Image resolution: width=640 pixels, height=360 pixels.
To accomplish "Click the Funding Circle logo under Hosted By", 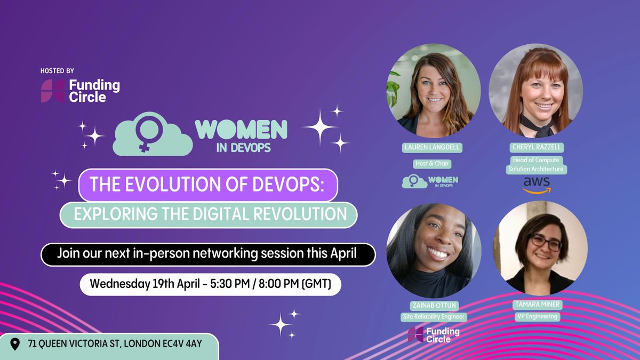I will [x=81, y=91].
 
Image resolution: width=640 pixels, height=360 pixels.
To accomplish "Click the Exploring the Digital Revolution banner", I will [x=208, y=214].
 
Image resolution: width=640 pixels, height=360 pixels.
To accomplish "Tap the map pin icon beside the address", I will [x=15, y=344].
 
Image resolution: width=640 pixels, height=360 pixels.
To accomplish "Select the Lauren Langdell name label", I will [x=432, y=148].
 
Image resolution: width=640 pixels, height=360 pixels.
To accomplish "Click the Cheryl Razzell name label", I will [x=536, y=148].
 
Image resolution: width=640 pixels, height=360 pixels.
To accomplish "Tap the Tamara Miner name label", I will [x=537, y=305].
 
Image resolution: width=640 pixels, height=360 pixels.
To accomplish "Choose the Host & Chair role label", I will [x=431, y=164].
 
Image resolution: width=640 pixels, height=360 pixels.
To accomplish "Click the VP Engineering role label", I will [x=537, y=316].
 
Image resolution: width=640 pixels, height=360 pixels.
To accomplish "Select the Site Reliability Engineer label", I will [x=434, y=317].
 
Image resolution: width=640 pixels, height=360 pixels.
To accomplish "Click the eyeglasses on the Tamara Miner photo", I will [x=545, y=243].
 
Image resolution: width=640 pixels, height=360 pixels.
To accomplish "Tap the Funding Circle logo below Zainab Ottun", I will [x=434, y=334].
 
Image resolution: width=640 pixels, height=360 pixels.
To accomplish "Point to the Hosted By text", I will [x=57, y=71].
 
